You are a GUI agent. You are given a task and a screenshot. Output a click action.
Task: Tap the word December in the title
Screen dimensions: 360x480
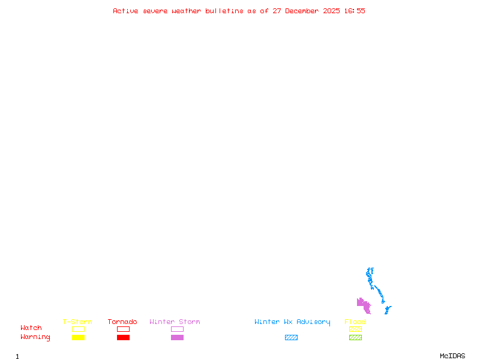click(304, 11)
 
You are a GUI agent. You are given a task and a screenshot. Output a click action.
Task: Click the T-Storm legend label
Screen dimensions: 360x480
click(77, 322)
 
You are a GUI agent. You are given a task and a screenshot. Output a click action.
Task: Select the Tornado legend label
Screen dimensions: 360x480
click(122, 322)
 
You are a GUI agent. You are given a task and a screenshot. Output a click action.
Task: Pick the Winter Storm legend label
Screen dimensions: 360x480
click(175, 322)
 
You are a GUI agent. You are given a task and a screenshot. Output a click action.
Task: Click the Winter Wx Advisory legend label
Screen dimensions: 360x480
click(292, 322)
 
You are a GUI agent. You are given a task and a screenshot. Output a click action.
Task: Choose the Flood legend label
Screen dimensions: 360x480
click(355, 322)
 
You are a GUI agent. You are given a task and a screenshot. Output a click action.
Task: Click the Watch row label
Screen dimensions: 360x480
click(31, 328)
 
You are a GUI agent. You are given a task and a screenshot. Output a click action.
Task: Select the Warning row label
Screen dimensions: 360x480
click(35, 337)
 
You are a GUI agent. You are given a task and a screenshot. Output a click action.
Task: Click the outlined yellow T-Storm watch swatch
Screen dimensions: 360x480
click(78, 329)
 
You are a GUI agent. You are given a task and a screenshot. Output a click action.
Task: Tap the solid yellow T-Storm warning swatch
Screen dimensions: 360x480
click(78, 337)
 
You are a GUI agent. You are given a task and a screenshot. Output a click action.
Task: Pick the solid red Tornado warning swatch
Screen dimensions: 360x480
click(123, 337)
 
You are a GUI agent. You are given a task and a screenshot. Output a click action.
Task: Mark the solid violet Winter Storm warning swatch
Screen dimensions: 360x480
click(177, 337)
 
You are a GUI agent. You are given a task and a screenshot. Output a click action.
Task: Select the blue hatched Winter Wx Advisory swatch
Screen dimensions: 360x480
click(291, 337)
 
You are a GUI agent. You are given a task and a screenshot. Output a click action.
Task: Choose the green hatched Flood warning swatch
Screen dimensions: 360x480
click(355, 337)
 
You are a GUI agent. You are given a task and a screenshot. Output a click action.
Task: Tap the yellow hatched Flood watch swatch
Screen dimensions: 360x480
click(355, 329)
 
